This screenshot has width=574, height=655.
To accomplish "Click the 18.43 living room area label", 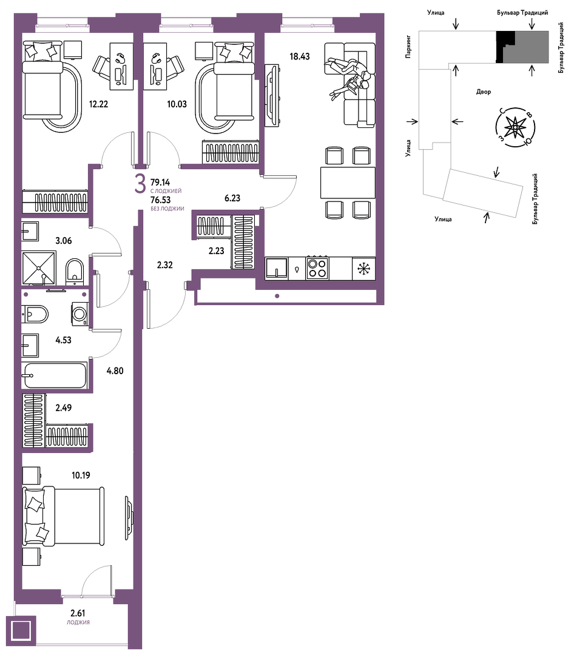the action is click(300, 56).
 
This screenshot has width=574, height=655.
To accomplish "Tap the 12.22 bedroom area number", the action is click(99, 104).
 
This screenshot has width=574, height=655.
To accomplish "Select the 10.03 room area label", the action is click(177, 104).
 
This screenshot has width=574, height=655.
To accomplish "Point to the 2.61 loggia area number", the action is click(78, 613).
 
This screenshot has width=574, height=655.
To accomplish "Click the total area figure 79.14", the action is click(160, 182).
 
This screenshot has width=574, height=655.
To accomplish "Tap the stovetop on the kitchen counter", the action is click(317, 268).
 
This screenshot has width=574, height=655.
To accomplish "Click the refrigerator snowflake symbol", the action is click(363, 269).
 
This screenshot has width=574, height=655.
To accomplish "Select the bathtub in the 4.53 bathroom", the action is click(56, 375).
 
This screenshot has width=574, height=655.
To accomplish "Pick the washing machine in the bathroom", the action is click(79, 314).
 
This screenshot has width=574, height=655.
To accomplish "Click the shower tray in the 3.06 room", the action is click(38, 268).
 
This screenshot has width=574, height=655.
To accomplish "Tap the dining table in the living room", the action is click(348, 183).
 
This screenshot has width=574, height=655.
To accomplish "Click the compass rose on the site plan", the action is click(516, 127).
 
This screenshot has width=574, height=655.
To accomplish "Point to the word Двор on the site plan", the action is click(483, 92).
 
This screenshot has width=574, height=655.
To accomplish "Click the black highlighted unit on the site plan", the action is click(504, 47).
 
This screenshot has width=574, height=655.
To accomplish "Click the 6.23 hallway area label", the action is click(232, 198).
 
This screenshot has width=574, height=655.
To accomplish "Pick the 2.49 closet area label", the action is click(64, 408).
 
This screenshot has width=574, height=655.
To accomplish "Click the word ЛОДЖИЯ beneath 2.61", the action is click(78, 622).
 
